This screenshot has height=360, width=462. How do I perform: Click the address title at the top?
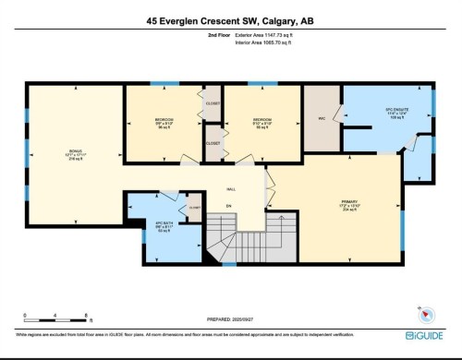[x=231, y=18]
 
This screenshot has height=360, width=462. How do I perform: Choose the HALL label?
[x=231, y=188]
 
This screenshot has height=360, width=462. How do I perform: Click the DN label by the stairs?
[x=229, y=205]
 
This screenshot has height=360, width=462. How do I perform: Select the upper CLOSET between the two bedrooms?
[x=213, y=104]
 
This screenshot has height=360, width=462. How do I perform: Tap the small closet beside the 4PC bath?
[x=194, y=209]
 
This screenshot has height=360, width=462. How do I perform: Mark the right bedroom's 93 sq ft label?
[x=261, y=128]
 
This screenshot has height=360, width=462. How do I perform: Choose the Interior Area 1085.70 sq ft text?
[x=245, y=42]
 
